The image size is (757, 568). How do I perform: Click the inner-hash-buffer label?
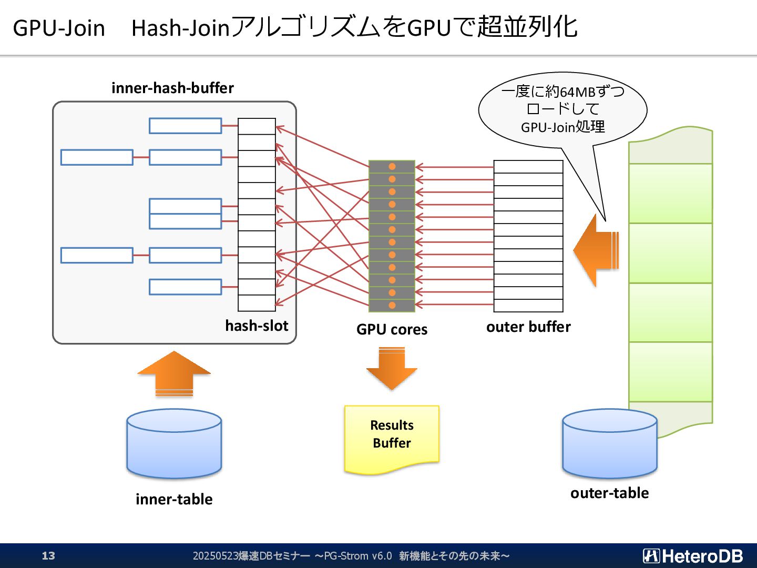point(172,88)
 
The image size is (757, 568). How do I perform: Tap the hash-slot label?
point(257,326)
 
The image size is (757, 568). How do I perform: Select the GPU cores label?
point(392,329)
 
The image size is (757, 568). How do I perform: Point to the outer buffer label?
point(528,327)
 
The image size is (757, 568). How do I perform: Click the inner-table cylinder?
point(174,444)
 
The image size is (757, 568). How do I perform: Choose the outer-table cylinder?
point(610,444)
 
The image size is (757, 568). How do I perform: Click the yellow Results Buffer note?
point(392,440)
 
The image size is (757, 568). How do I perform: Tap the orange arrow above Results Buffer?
point(392,368)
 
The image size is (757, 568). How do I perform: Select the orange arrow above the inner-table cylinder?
point(174,374)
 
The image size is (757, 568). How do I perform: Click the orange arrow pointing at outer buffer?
point(596,250)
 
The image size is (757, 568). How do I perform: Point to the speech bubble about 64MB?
point(563,110)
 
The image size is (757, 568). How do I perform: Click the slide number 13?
point(48,555)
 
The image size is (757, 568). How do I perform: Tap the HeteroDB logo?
point(693,556)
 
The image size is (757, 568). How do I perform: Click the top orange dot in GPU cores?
point(392,167)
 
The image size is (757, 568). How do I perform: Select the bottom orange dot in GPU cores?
point(392,305)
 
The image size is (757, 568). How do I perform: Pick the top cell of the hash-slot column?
point(257,126)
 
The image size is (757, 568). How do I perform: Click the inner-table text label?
point(174,499)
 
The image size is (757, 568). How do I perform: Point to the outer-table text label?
point(610,493)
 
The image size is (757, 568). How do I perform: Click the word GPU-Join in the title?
point(59,28)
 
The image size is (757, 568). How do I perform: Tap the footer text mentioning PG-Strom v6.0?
point(351,556)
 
